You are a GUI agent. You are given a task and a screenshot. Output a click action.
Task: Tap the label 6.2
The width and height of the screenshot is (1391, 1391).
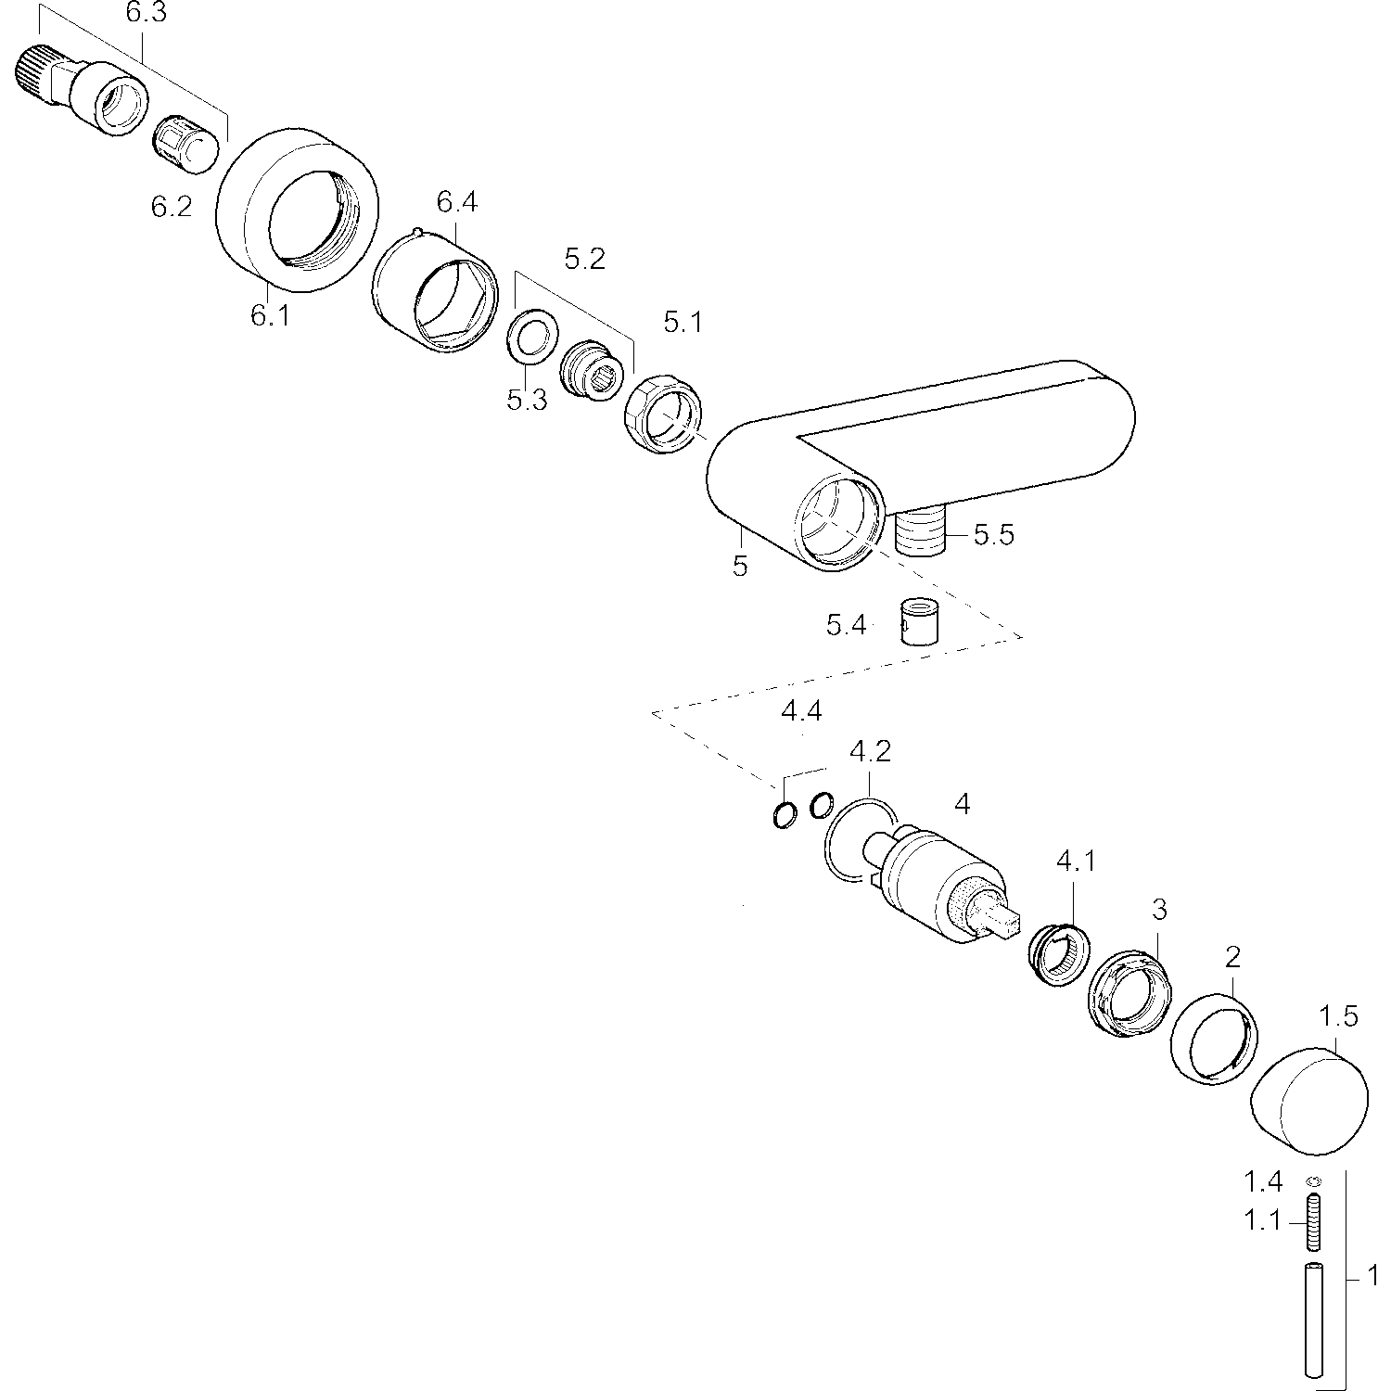click(x=172, y=207)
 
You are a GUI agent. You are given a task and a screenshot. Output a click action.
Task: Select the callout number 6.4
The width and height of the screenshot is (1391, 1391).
click(x=457, y=201)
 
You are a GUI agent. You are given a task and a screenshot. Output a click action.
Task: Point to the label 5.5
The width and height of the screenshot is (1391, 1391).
click(x=994, y=535)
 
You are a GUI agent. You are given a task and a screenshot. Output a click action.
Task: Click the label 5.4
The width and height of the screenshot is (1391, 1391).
click(x=847, y=626)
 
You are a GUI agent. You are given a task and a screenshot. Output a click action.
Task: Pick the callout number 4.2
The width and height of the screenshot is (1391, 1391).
click(x=870, y=751)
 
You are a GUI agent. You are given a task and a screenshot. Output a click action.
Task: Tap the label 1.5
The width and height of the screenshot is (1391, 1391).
click(x=1338, y=1017)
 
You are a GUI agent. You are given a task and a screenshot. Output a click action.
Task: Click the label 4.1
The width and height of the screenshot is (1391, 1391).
click(x=1076, y=861)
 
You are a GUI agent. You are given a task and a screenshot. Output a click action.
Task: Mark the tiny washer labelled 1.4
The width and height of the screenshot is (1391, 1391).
click(x=1314, y=1180)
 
